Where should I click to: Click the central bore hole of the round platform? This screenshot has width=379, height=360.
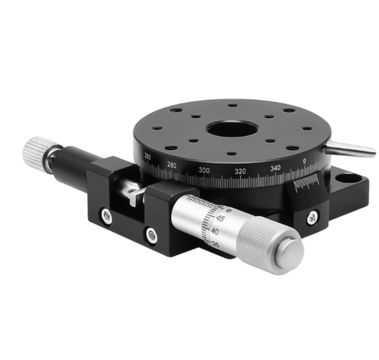(x=231, y=130)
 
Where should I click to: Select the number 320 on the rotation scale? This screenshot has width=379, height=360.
(x=240, y=171)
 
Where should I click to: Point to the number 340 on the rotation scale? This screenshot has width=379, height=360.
(x=276, y=168)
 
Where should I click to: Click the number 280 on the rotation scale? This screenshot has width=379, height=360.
(x=171, y=165)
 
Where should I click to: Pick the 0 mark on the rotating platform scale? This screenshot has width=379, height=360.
(x=305, y=161)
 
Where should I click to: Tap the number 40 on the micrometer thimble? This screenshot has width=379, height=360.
(x=215, y=231)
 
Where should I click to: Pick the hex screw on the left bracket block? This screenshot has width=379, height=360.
(x=106, y=216)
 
